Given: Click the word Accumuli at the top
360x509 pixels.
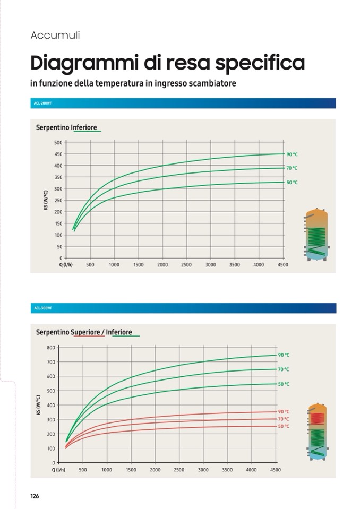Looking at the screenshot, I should click(x=55, y=36).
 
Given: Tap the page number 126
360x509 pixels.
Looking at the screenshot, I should click(x=35, y=496).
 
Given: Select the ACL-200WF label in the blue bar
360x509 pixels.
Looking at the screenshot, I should click(x=42, y=103).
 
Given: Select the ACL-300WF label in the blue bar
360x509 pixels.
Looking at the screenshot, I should click(x=42, y=308).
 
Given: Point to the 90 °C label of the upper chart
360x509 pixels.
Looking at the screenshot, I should click(x=292, y=154).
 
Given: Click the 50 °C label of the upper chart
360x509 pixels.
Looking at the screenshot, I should click(x=292, y=183).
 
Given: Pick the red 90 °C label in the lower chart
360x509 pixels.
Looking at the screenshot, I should click(x=284, y=412).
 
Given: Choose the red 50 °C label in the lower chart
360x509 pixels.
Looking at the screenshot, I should click(x=284, y=426).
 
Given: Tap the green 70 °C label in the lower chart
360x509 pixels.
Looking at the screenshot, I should click(x=284, y=369).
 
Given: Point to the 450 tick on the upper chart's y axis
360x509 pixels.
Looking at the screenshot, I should click(x=58, y=154).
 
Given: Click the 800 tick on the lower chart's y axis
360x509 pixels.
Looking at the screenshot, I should click(x=51, y=348).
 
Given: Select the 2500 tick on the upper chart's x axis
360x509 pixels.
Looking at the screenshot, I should click(x=186, y=265).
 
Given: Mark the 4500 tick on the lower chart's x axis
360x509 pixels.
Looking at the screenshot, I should click(x=276, y=470).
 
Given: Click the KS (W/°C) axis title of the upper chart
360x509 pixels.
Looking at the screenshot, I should click(x=46, y=201).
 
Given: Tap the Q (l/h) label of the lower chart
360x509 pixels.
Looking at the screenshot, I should click(x=58, y=470).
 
